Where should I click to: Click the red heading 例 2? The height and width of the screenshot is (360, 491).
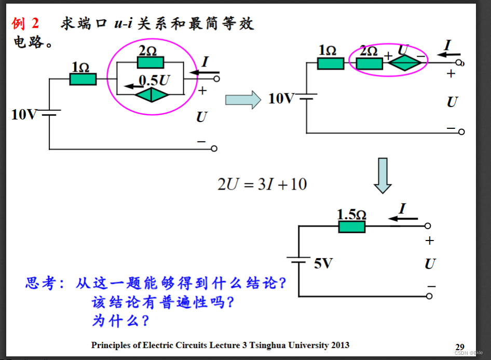tap(25, 23)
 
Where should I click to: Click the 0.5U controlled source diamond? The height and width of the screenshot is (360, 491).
tap(152, 95)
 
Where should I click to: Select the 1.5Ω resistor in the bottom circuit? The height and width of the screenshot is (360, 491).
tap(352, 226)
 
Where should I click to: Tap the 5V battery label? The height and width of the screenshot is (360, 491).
tap(323, 263)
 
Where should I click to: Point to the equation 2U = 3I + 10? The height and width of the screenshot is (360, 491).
tap(262, 184)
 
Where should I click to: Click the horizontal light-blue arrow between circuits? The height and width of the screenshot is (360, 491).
tap(242, 99)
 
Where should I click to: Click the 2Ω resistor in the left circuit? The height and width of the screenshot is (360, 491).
tap(151, 63)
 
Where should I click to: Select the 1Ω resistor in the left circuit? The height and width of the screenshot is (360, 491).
tap(83, 79)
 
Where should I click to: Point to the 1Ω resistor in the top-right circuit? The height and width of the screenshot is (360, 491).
tap(330, 63)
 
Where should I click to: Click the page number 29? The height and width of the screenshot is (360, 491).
tap(460, 346)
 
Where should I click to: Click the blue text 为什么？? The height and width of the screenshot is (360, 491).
tap(120, 321)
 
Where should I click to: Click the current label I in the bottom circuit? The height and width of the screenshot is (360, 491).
tap(402, 209)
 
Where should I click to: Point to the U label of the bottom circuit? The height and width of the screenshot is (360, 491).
tap(430, 264)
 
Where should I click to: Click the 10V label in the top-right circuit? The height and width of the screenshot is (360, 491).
tap(281, 98)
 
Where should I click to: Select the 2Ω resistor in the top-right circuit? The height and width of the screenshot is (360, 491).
tap(369, 63)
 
